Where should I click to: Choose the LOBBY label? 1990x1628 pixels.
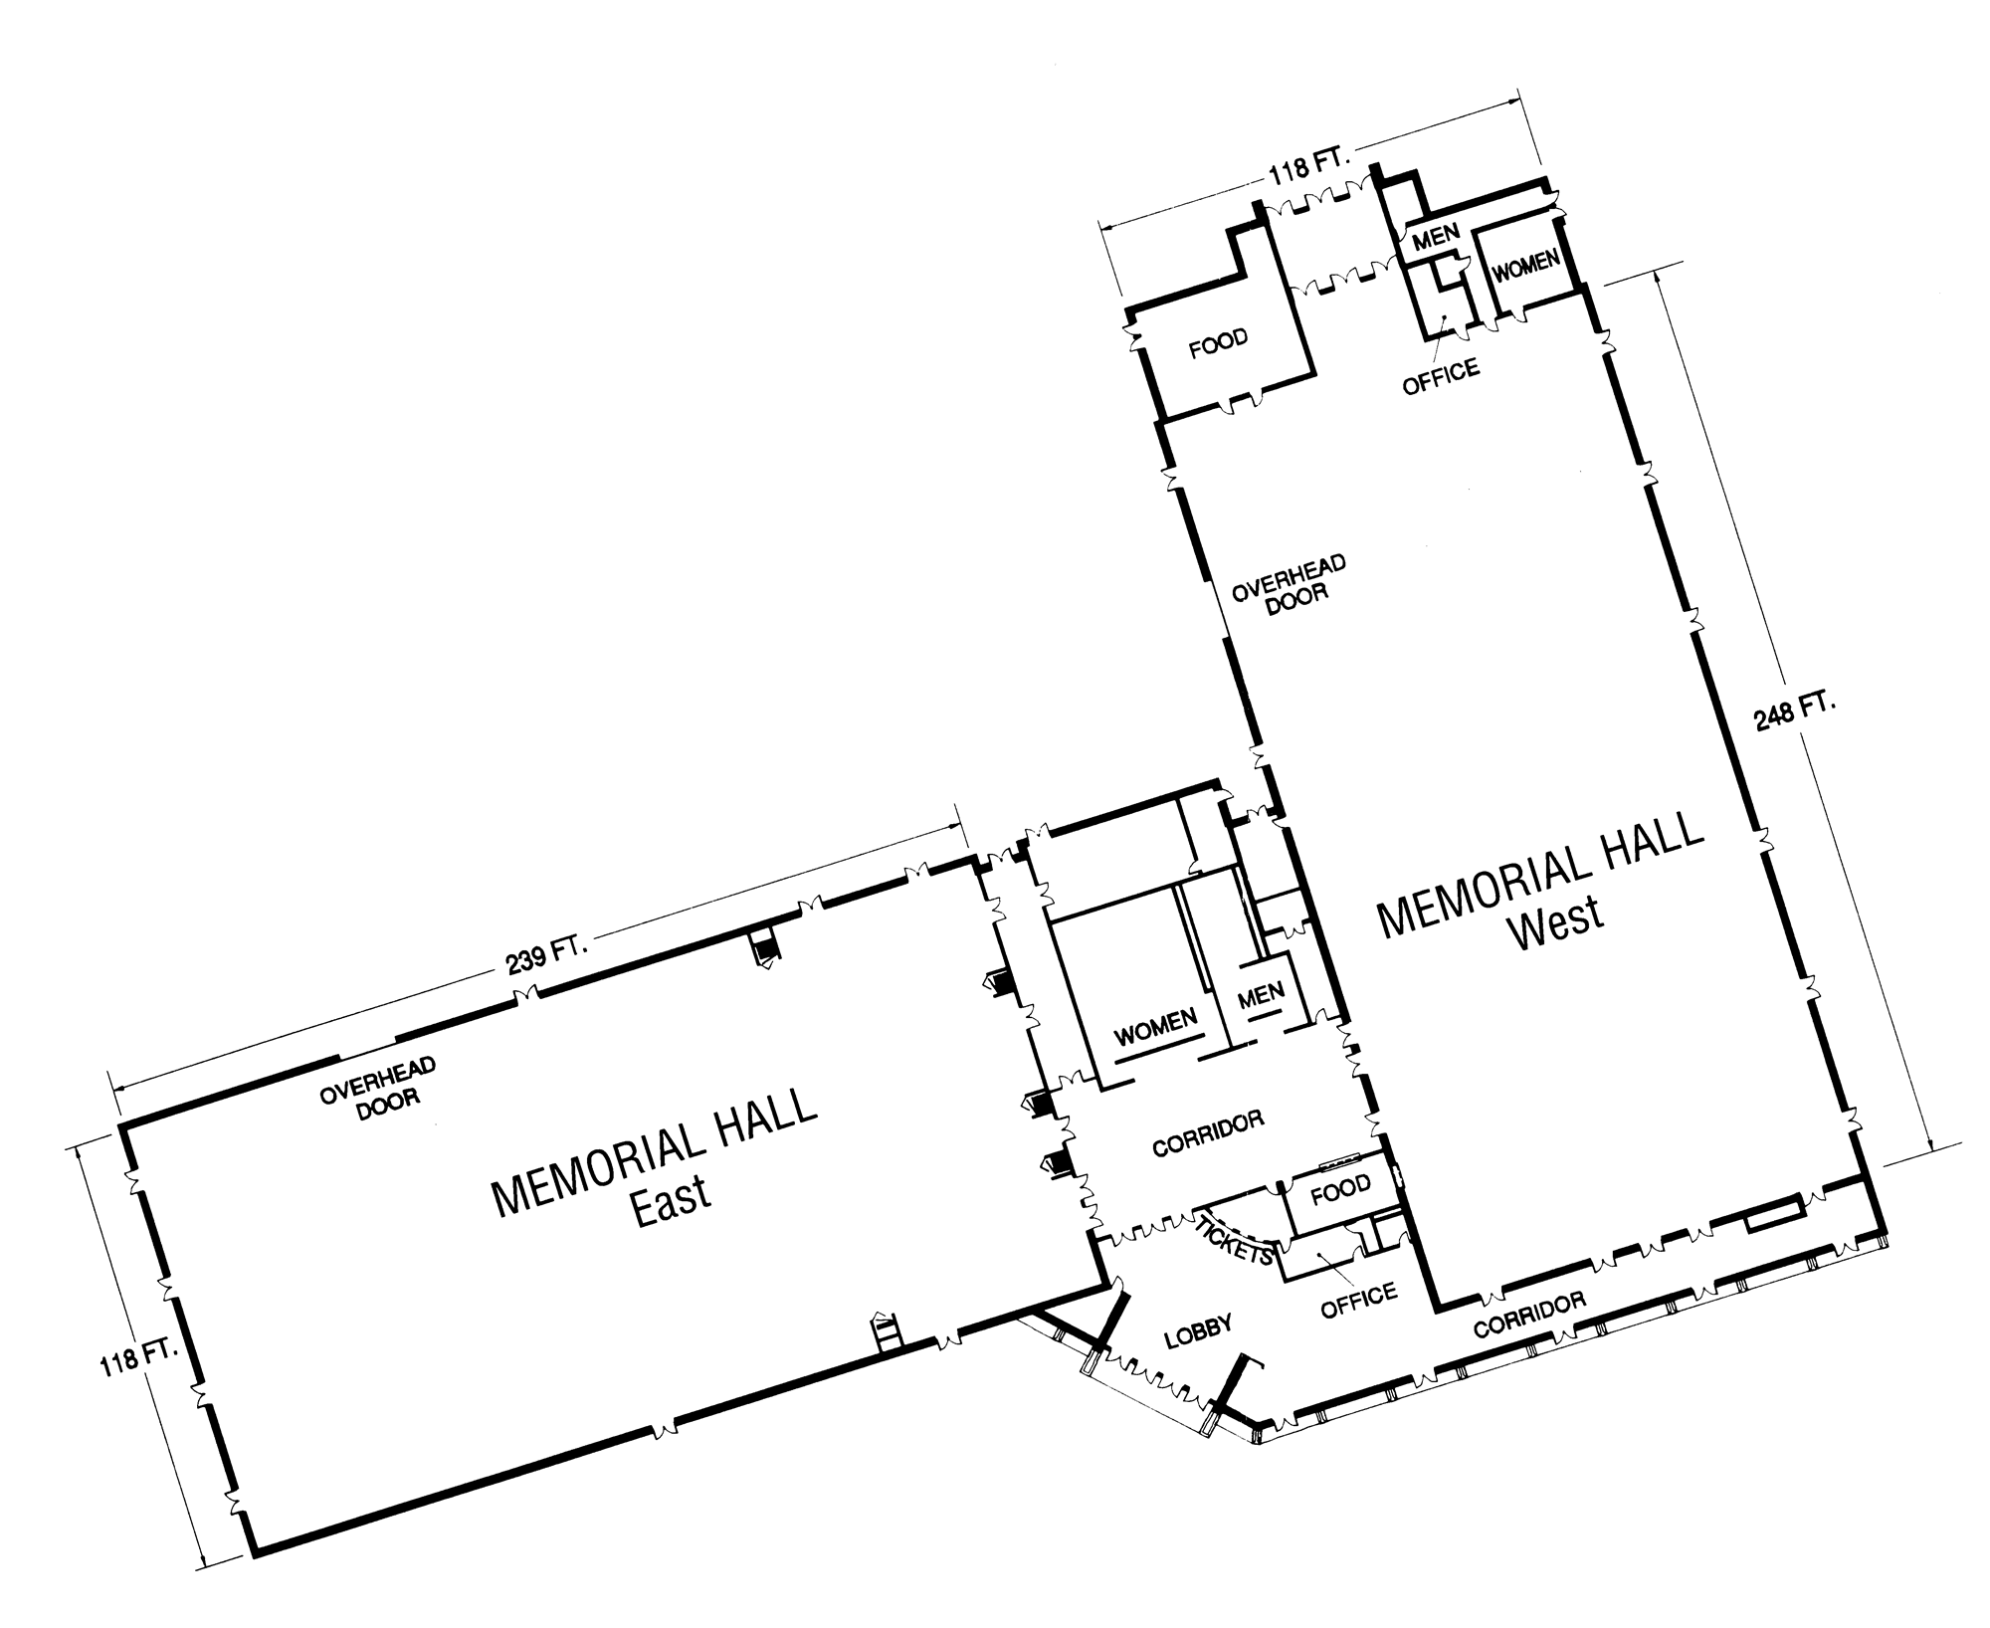coord(1198,1331)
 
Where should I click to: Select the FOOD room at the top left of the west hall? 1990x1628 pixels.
coord(1218,342)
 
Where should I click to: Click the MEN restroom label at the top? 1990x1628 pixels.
coord(1435,236)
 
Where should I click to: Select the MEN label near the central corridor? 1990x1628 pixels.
coord(1261,992)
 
